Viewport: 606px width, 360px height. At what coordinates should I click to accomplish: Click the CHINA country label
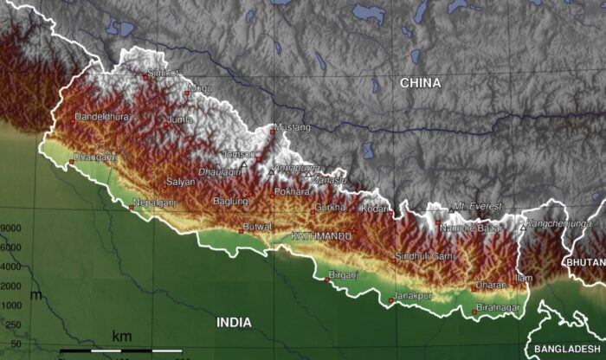[x=420, y=83]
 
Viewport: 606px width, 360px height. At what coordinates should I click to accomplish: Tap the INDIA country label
[x=234, y=322]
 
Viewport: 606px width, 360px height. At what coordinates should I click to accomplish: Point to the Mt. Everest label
[x=477, y=208]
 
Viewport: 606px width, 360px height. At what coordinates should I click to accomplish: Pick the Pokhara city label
[x=291, y=192]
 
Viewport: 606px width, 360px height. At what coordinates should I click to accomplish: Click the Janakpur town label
[x=412, y=295]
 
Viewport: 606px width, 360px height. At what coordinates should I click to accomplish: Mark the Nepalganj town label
[x=154, y=202]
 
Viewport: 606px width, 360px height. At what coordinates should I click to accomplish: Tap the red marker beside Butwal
[x=241, y=231]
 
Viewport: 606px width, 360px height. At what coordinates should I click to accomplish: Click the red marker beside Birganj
[x=326, y=280]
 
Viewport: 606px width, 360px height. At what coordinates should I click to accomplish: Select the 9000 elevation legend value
[x=11, y=228]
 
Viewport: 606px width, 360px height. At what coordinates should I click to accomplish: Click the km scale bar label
[x=121, y=336]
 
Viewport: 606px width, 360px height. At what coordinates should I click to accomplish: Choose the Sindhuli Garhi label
[x=424, y=256]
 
